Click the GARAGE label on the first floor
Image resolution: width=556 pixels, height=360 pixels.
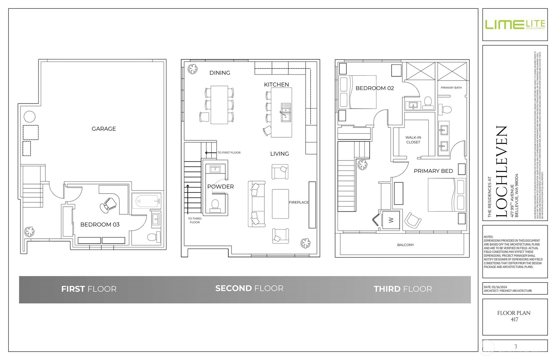(104, 129)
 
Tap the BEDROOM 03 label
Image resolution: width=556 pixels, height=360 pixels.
(100, 224)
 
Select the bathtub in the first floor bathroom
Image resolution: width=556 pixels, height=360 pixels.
(146, 202)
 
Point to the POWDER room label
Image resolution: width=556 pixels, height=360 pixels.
(221, 186)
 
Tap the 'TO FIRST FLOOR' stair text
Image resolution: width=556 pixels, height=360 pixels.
(229, 153)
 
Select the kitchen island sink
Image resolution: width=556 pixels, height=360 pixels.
(286, 112)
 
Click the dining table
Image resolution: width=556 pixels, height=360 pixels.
(219, 105)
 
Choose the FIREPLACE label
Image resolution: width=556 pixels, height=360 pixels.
(299, 202)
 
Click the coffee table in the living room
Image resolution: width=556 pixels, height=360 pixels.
(280, 204)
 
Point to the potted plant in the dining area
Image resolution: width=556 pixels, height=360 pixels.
(193, 69)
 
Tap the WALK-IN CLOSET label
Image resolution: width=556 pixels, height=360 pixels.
(413, 140)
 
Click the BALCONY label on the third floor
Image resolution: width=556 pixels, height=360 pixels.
(406, 245)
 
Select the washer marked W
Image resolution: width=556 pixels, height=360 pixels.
(391, 220)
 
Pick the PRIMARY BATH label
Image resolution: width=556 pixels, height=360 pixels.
(451, 88)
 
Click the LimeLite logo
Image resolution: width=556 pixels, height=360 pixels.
(515, 25)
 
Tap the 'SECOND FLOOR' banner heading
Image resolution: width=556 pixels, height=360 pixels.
(249, 288)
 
